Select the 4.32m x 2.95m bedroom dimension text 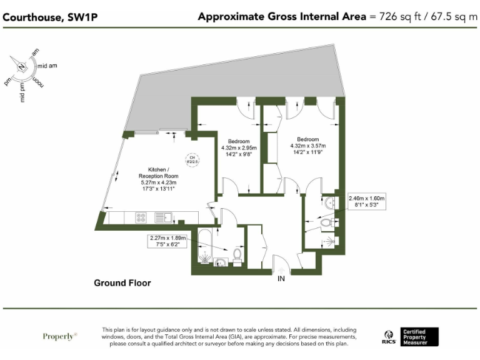[239, 147]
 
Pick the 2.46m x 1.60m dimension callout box [367, 201]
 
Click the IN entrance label [281, 279]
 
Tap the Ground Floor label [122, 283]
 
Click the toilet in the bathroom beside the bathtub [237, 255]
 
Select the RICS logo [388, 337]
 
